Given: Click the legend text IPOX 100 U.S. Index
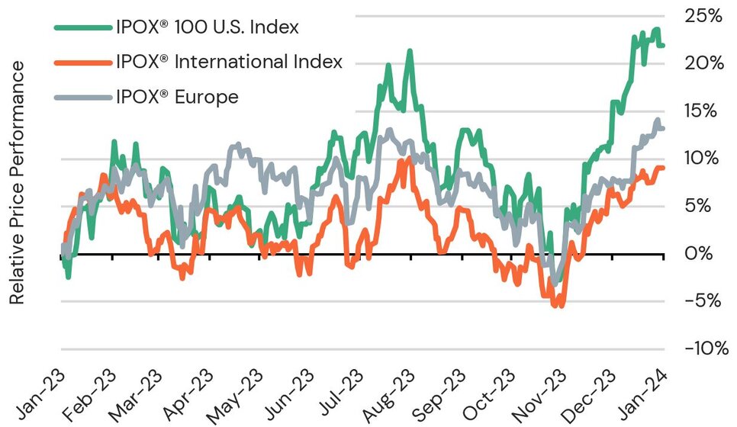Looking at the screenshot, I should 205,27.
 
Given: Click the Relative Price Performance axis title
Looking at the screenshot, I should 17,182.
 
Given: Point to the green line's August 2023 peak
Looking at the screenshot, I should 410,52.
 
